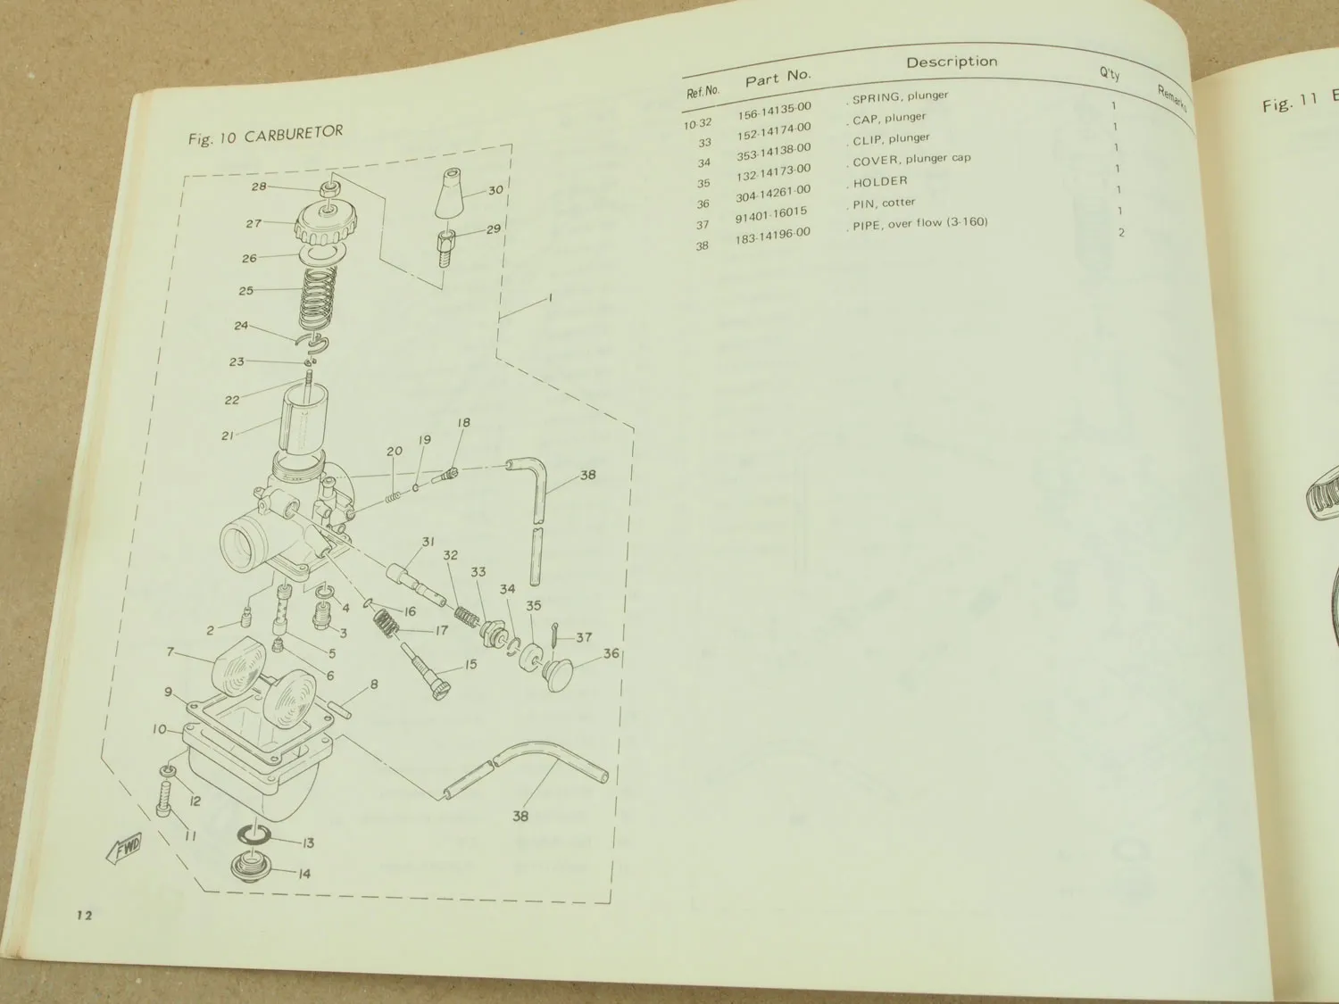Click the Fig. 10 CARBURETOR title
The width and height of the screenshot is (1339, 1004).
click(x=265, y=135)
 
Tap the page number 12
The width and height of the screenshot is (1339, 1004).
click(x=85, y=914)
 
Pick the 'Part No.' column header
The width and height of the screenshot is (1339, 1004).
click(x=778, y=79)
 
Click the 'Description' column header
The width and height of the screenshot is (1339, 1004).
click(x=952, y=62)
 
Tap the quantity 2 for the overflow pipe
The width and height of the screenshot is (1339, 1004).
click(x=1121, y=233)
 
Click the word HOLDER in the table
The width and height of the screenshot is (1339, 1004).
click(x=880, y=182)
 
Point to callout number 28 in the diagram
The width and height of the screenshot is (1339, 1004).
click(x=259, y=187)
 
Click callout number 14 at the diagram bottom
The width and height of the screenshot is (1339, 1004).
click(x=304, y=874)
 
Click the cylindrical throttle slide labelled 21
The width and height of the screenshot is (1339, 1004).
click(x=300, y=424)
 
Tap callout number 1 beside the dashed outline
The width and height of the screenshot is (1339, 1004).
click(x=550, y=297)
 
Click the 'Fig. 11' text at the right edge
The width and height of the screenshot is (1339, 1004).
click(x=1290, y=104)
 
